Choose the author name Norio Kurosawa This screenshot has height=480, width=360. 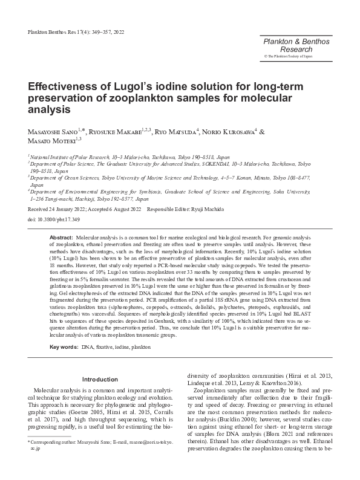click(x=230, y=132)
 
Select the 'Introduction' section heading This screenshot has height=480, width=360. click(x=100, y=380)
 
